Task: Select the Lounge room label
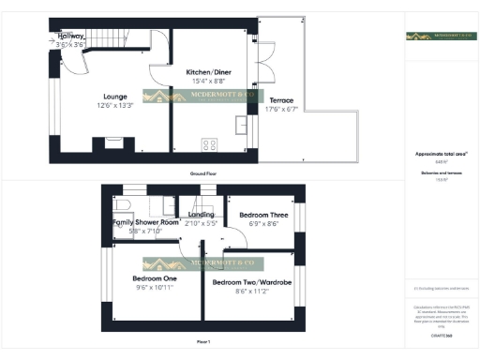point(115,95)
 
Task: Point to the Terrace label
point(281,100)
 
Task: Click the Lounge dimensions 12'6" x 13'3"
point(115,105)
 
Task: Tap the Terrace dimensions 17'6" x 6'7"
point(281,110)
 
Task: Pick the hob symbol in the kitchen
point(209,144)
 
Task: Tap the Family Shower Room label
point(145,222)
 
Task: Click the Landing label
point(202,214)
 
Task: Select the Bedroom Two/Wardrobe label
point(251,282)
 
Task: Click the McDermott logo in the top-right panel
point(441,37)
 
